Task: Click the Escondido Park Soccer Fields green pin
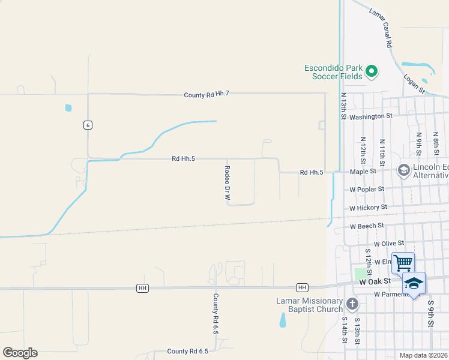[x=372, y=71]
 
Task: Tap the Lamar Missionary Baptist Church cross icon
[x=352, y=304]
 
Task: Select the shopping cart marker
[x=403, y=263]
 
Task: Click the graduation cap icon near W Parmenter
[x=414, y=283]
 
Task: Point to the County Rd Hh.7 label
[x=206, y=95]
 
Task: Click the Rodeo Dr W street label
[x=228, y=183]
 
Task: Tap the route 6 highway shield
[x=88, y=124]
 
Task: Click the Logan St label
[x=414, y=84]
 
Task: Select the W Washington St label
[x=370, y=116]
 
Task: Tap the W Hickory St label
[x=369, y=208]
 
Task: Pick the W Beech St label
[x=367, y=226]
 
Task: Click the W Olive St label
[x=385, y=244]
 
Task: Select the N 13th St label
[x=343, y=106]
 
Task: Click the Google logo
[x=20, y=353]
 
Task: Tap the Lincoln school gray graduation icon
[x=404, y=171]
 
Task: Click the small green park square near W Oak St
[x=360, y=274]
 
